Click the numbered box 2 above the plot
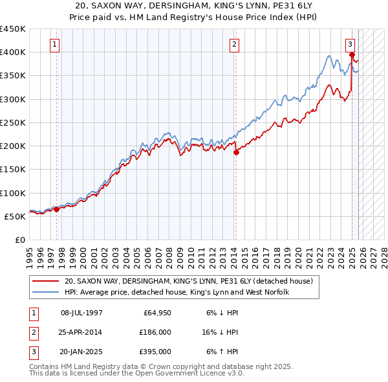tap(233, 45)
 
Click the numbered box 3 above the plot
tap(350, 45)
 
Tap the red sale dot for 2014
tap(236, 153)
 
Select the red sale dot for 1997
tap(56, 209)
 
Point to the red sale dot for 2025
tap(352, 54)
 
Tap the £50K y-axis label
tap(16, 216)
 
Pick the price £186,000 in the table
tap(155, 332)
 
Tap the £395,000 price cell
tap(155, 352)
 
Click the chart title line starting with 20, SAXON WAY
tap(194, 6)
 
